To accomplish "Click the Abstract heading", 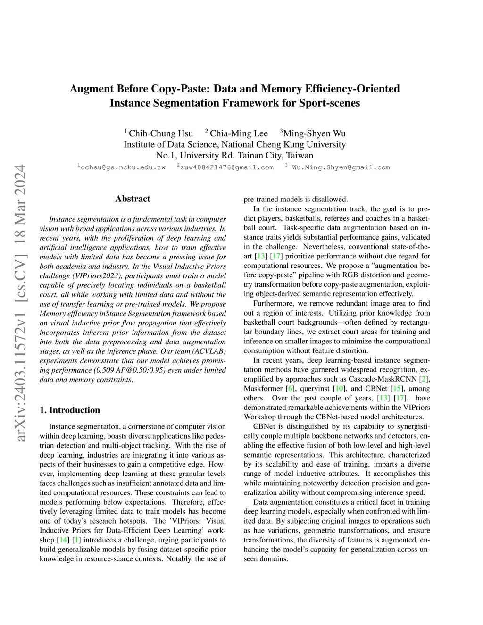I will pos(133,199).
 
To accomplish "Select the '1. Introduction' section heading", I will pos(70,410).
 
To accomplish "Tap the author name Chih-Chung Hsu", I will pos(161,133).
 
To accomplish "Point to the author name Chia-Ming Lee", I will pos(239,133).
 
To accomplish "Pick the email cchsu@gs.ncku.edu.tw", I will pos(123,167).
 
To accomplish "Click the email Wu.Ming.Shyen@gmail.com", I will pos(341,167).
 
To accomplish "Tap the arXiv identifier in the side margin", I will pos(20,302).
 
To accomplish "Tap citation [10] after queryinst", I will pos(338,389).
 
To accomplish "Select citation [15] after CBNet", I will pos(397,389).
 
